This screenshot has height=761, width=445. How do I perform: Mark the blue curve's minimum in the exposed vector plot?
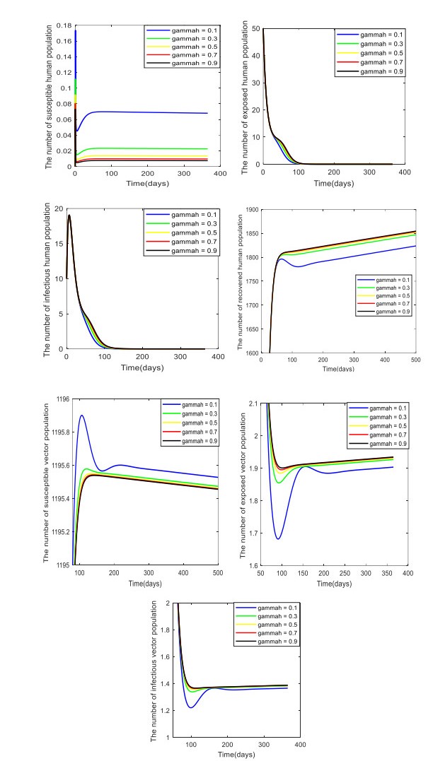(x=279, y=539)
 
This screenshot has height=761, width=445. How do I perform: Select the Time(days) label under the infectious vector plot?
(x=236, y=754)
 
